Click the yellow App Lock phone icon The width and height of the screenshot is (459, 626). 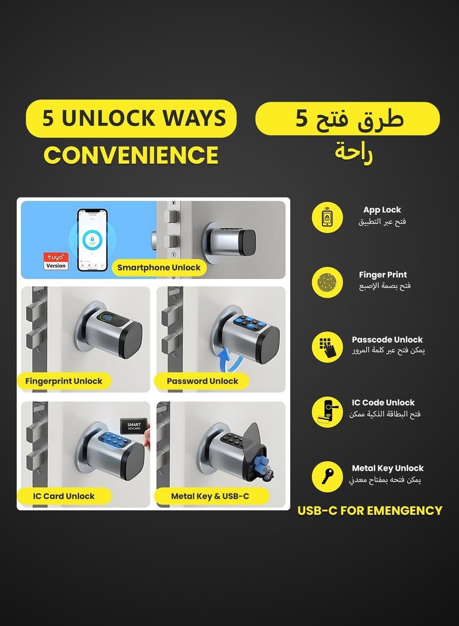pos(328,218)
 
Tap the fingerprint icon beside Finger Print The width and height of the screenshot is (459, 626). pos(328,283)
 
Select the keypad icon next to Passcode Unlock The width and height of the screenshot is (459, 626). pos(328,348)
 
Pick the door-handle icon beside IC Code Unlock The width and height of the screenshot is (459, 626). pos(328,411)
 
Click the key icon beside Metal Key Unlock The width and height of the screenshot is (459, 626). pos(328,477)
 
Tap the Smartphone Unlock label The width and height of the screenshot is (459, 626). pos(159,267)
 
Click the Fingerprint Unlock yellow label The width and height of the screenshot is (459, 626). pos(64,381)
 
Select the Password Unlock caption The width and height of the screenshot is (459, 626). pos(203,381)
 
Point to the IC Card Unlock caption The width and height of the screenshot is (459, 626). pos(64,496)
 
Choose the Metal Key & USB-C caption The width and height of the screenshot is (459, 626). pos(210,496)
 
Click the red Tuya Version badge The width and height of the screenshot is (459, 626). pos(56,261)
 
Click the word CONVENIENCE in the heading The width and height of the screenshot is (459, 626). pos(131,155)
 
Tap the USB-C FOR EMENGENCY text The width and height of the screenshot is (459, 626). pos(370,510)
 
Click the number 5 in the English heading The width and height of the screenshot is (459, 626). pos(49,118)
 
